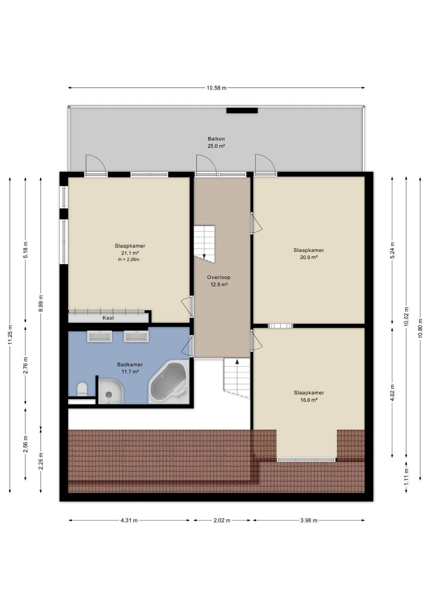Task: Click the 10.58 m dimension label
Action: (x=217, y=88)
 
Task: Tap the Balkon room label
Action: (x=216, y=139)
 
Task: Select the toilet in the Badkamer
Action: (x=82, y=389)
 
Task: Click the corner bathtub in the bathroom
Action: (x=169, y=382)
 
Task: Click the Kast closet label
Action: (x=108, y=318)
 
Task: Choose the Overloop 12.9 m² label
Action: (x=219, y=281)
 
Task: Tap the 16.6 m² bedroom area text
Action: (x=309, y=400)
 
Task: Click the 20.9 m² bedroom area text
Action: (x=309, y=257)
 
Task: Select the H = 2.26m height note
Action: (x=129, y=260)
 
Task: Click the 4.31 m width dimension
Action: (x=129, y=520)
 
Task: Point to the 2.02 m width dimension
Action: (x=222, y=520)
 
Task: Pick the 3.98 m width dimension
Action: (x=309, y=520)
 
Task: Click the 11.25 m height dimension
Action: (x=10, y=335)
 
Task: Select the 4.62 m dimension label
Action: (x=392, y=393)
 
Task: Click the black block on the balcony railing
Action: (x=242, y=111)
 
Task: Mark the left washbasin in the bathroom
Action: (x=99, y=336)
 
